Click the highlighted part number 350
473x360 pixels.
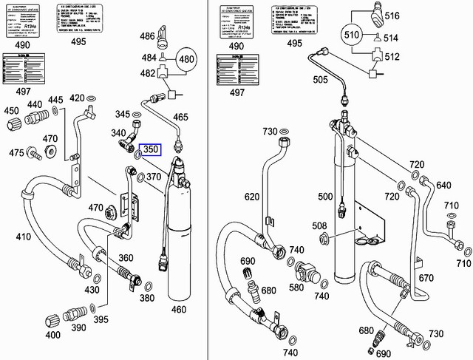pyautogui.click(x=151, y=150)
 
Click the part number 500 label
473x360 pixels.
pyautogui.click(x=325, y=197)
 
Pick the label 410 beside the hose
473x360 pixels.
pyautogui.click(x=24, y=237)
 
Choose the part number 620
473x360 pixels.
pyautogui.click(x=251, y=197)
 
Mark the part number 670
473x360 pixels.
pyautogui.click(x=426, y=277)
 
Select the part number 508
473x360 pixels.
pyautogui.click(x=319, y=226)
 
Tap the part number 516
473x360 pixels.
pyautogui.click(x=391, y=14)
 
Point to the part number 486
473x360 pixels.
pyautogui.click(x=147, y=36)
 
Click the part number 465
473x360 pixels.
pyautogui.click(x=201, y=118)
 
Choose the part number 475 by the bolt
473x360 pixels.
pyautogui.click(x=16, y=152)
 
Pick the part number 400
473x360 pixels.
pyautogui.click(x=52, y=335)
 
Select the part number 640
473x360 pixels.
pyautogui.click(x=443, y=185)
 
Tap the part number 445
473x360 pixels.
pyautogui.click(x=55, y=101)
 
